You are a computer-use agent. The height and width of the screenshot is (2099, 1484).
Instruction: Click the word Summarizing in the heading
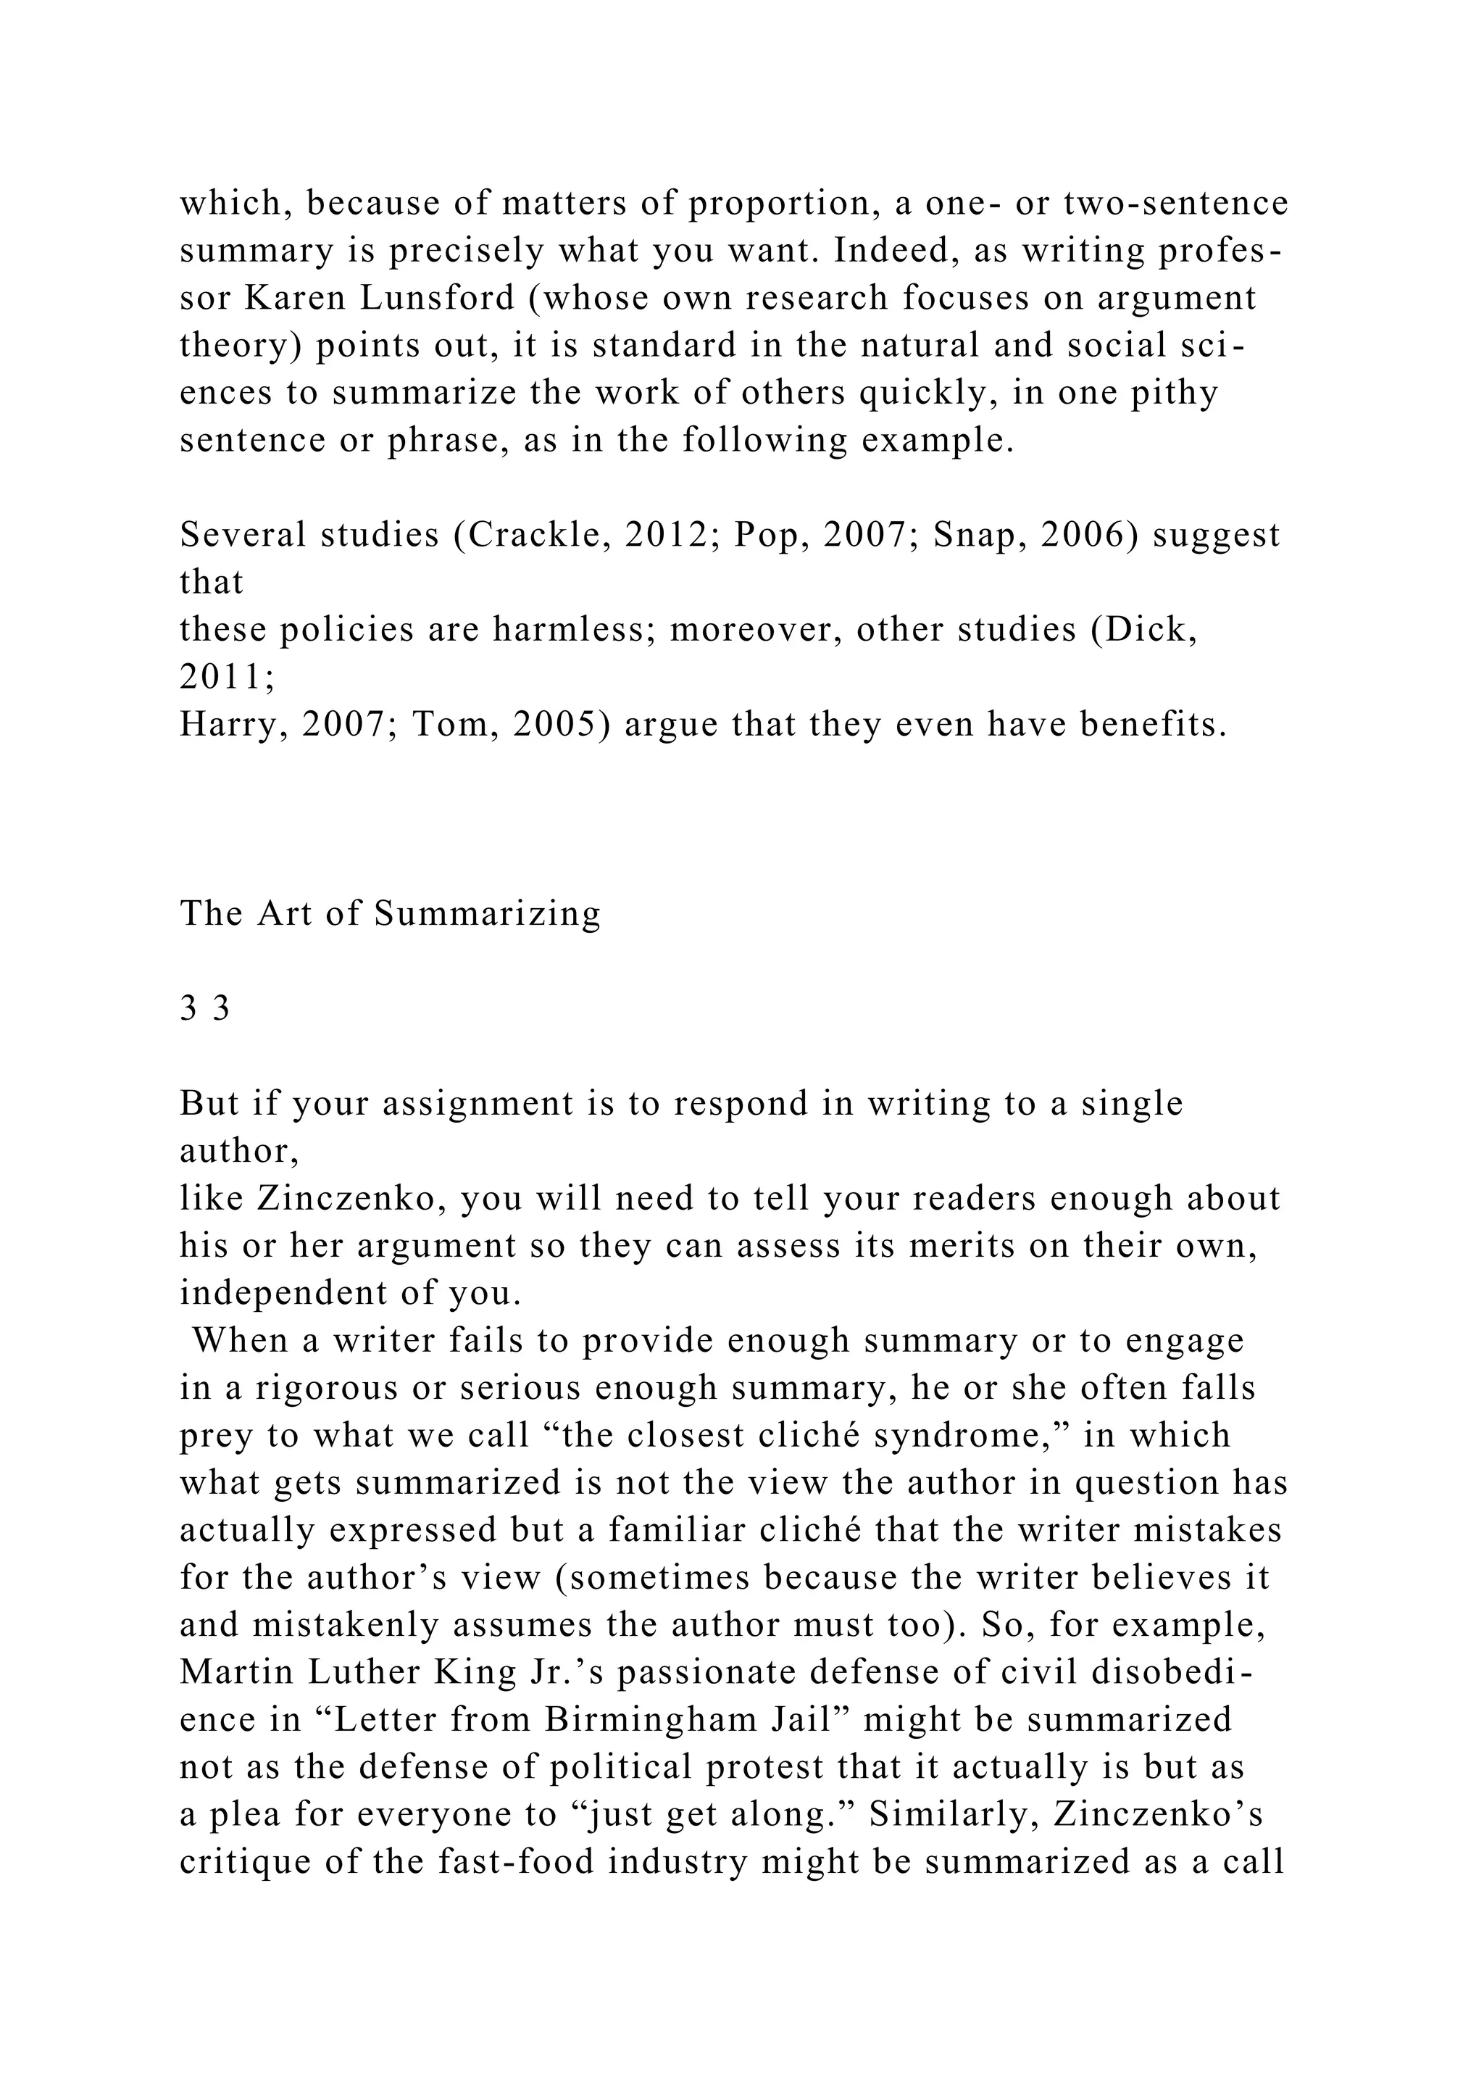[x=487, y=914]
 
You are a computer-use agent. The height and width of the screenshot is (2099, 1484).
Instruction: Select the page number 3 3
[x=204, y=1010]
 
